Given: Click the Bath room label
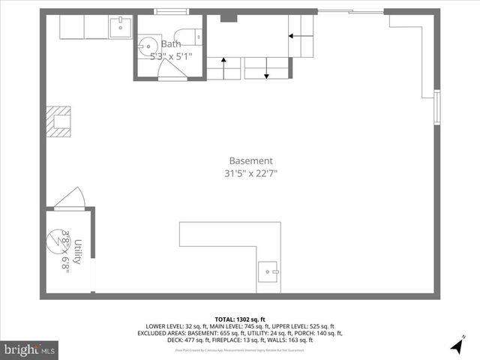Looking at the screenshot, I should (171, 44).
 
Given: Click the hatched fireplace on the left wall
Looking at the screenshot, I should (58, 121).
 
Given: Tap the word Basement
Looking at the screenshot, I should (250, 160).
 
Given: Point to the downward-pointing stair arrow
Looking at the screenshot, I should (266, 70).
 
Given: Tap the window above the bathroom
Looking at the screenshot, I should (170, 11).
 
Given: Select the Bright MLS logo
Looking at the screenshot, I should (29, 349).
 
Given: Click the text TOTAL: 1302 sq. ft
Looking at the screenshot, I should (241, 318).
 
